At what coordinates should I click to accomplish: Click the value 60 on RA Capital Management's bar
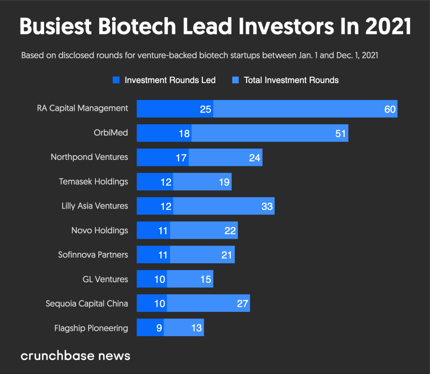point(390,109)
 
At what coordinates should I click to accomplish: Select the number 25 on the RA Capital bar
point(205,109)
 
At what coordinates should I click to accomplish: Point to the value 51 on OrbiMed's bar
point(340,133)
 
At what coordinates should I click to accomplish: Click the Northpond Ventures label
point(89,157)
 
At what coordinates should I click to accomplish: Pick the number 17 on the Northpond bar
point(181,158)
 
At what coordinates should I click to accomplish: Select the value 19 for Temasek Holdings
point(224,182)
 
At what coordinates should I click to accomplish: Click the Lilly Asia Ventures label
point(94,206)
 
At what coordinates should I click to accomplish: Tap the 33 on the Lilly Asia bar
point(267,207)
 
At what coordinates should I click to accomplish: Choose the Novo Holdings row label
point(100,230)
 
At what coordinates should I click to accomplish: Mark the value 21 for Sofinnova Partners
point(227,255)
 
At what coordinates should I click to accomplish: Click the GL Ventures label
point(105,279)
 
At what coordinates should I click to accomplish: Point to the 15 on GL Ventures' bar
point(205,280)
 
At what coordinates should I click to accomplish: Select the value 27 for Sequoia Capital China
point(242,304)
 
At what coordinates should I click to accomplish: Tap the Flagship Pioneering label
point(91,328)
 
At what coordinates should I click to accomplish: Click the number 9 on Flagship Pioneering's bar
point(159,328)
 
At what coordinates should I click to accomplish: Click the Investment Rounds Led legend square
point(116,80)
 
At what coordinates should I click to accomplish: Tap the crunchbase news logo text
point(76,356)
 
